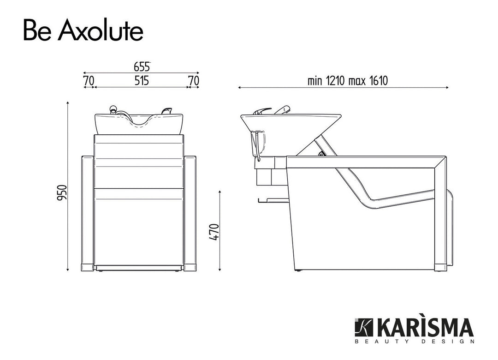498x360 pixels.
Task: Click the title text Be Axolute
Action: click(x=83, y=31)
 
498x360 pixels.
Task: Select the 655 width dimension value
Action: click(x=142, y=66)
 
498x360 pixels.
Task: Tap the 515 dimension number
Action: click(x=142, y=81)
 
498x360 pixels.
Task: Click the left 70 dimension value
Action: click(x=89, y=81)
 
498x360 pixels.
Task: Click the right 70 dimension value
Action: click(x=194, y=81)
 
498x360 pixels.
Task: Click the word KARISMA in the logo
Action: click(x=425, y=328)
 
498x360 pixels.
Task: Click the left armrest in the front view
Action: click(x=88, y=212)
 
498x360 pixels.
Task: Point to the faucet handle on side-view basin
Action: click(x=282, y=110)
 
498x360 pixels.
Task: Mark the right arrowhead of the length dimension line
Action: click(x=447, y=87)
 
